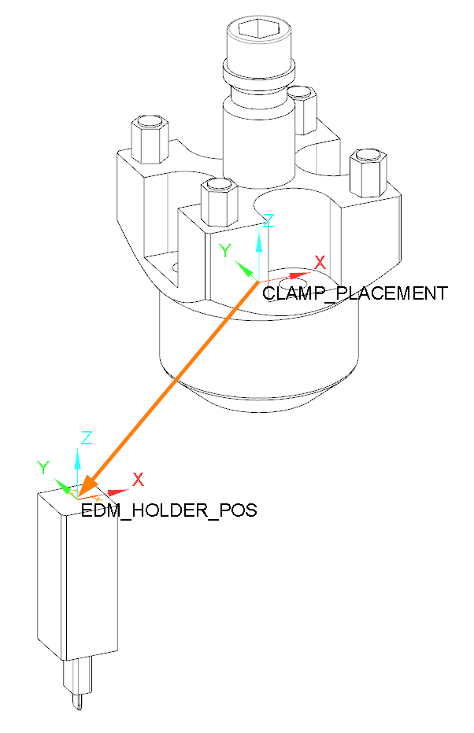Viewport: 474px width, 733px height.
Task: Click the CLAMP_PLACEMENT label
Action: [x=355, y=293]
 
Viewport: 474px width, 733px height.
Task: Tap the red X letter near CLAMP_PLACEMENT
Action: [x=320, y=263]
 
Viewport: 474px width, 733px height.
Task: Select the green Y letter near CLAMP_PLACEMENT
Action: [x=225, y=251]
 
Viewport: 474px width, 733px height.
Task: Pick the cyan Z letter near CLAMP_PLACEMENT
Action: [x=268, y=221]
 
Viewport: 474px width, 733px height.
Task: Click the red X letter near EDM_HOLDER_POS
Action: [x=138, y=479]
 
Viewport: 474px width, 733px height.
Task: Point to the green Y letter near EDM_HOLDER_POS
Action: [x=44, y=467]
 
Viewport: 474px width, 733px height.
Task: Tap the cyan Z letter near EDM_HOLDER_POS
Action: [x=87, y=437]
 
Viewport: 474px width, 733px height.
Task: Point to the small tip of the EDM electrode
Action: [x=79, y=701]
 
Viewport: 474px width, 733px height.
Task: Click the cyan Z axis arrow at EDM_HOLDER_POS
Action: [x=77, y=468]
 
